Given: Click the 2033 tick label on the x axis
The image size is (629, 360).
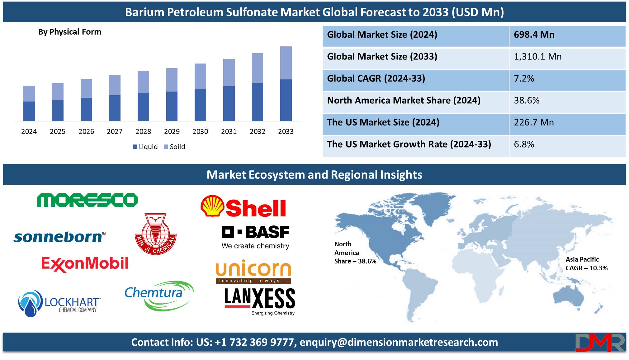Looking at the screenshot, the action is click(286, 131).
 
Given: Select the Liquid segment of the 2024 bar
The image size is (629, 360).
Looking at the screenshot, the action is click(29, 111).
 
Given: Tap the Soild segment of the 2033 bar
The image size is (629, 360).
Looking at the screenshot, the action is click(286, 63).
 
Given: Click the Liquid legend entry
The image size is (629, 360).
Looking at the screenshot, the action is click(145, 147).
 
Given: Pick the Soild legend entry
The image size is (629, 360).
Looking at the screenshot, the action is click(174, 147).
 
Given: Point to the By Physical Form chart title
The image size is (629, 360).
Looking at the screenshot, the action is click(70, 32).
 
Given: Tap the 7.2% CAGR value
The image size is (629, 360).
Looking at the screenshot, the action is click(524, 78).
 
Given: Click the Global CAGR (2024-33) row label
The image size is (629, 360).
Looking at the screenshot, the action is click(376, 78).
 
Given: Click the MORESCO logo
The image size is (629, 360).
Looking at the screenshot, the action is click(87, 200).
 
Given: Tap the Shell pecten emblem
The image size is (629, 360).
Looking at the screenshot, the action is click(212, 206).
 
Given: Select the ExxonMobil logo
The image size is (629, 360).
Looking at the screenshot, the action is click(85, 264).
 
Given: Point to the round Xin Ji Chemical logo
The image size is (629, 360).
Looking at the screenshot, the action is click(156, 234).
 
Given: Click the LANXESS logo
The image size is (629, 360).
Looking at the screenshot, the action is click(260, 301).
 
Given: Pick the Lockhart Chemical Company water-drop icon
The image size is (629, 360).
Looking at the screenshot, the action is click(30, 304).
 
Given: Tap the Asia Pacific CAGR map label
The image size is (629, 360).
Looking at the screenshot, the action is click(586, 264).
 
